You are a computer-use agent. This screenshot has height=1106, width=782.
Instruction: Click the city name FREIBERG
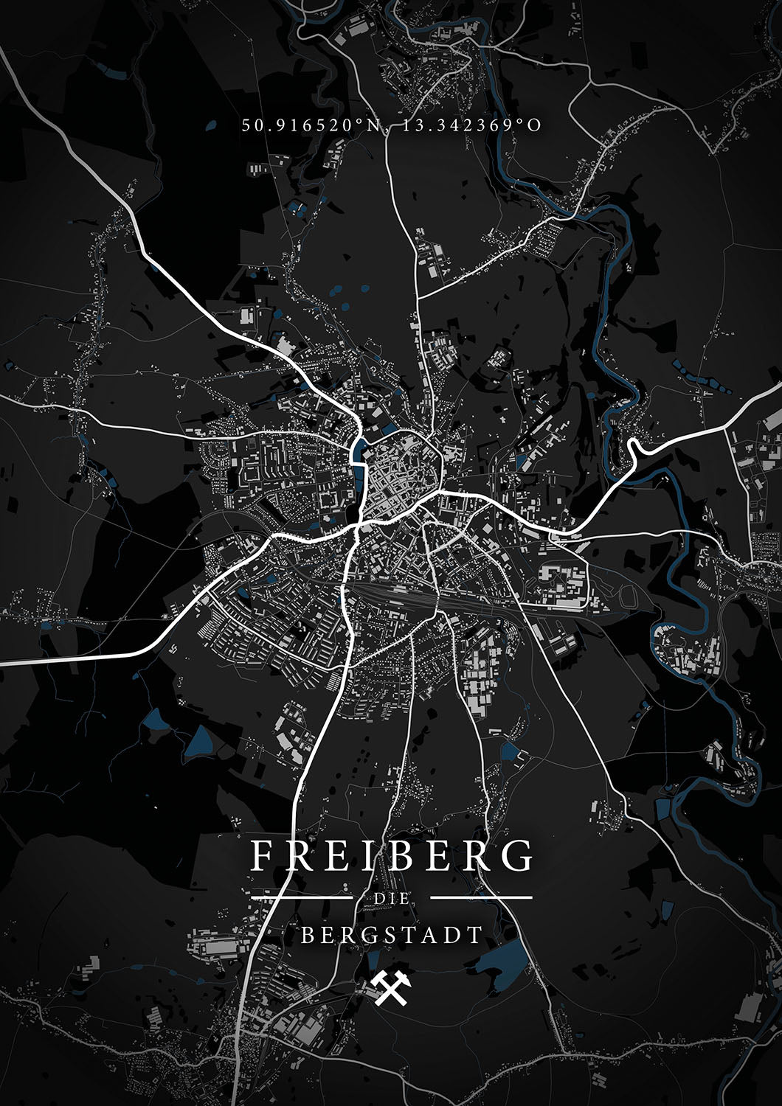391,856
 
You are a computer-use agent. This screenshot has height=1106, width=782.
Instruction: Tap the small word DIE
391,899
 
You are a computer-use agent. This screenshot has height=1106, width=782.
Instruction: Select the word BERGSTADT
391,936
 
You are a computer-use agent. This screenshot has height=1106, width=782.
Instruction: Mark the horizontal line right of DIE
481,898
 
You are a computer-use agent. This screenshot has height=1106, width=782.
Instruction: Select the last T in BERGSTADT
476,936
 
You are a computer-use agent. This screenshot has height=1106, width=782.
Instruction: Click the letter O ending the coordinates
535,125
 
